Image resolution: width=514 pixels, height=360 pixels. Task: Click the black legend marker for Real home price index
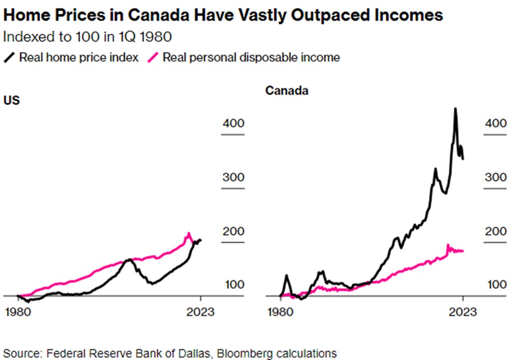tap(10, 57)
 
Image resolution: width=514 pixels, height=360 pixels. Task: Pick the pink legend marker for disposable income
tap(154, 57)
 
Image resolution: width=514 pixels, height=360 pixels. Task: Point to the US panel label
tap(11, 100)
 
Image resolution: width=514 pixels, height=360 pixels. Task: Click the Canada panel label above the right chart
tap(287, 91)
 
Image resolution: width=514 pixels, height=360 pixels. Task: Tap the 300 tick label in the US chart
tap(233, 177)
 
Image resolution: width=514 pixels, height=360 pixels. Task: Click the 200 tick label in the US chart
tap(233, 231)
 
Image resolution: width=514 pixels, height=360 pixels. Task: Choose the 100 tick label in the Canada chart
tap(495, 285)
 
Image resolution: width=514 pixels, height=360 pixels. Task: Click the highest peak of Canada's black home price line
tap(455, 108)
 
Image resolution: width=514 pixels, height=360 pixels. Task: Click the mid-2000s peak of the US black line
tap(128, 259)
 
